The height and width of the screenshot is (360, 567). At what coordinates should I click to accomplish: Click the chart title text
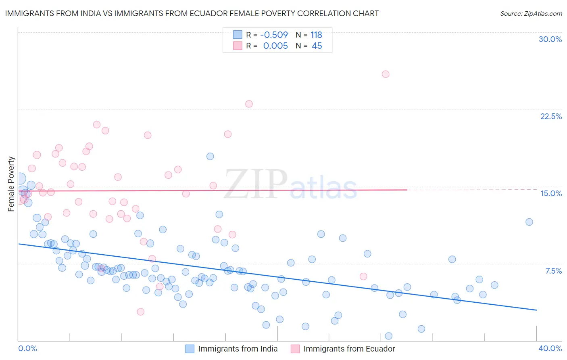point(192,13)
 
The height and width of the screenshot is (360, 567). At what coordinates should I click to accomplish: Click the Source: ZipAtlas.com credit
point(531,13)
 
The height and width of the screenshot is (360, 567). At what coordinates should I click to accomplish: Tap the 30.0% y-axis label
point(550,39)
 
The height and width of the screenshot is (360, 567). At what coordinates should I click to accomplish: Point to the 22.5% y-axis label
point(550,116)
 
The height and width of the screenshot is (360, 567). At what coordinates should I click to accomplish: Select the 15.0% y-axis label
point(551,193)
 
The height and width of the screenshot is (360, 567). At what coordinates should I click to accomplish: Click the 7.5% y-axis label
point(553,271)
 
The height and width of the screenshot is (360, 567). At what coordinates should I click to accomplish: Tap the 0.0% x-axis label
point(27,348)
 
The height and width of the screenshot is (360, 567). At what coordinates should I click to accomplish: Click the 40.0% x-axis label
point(550,348)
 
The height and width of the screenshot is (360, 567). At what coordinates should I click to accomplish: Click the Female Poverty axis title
point(11,184)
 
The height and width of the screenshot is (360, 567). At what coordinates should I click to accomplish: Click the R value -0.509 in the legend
point(274,35)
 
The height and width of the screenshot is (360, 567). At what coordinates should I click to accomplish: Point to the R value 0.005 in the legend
point(275,46)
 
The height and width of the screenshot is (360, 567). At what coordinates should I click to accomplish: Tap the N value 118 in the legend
point(316,35)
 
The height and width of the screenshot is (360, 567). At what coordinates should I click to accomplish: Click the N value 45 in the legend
point(317,46)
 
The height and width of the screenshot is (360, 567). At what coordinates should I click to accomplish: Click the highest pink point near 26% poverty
point(386,74)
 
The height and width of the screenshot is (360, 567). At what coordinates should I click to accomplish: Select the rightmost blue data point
point(529,222)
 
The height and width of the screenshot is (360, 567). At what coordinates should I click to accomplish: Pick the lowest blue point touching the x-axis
point(388,336)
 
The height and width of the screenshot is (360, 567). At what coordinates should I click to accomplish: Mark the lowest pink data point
point(140,312)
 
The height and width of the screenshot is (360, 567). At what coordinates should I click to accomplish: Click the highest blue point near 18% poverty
point(210,156)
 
